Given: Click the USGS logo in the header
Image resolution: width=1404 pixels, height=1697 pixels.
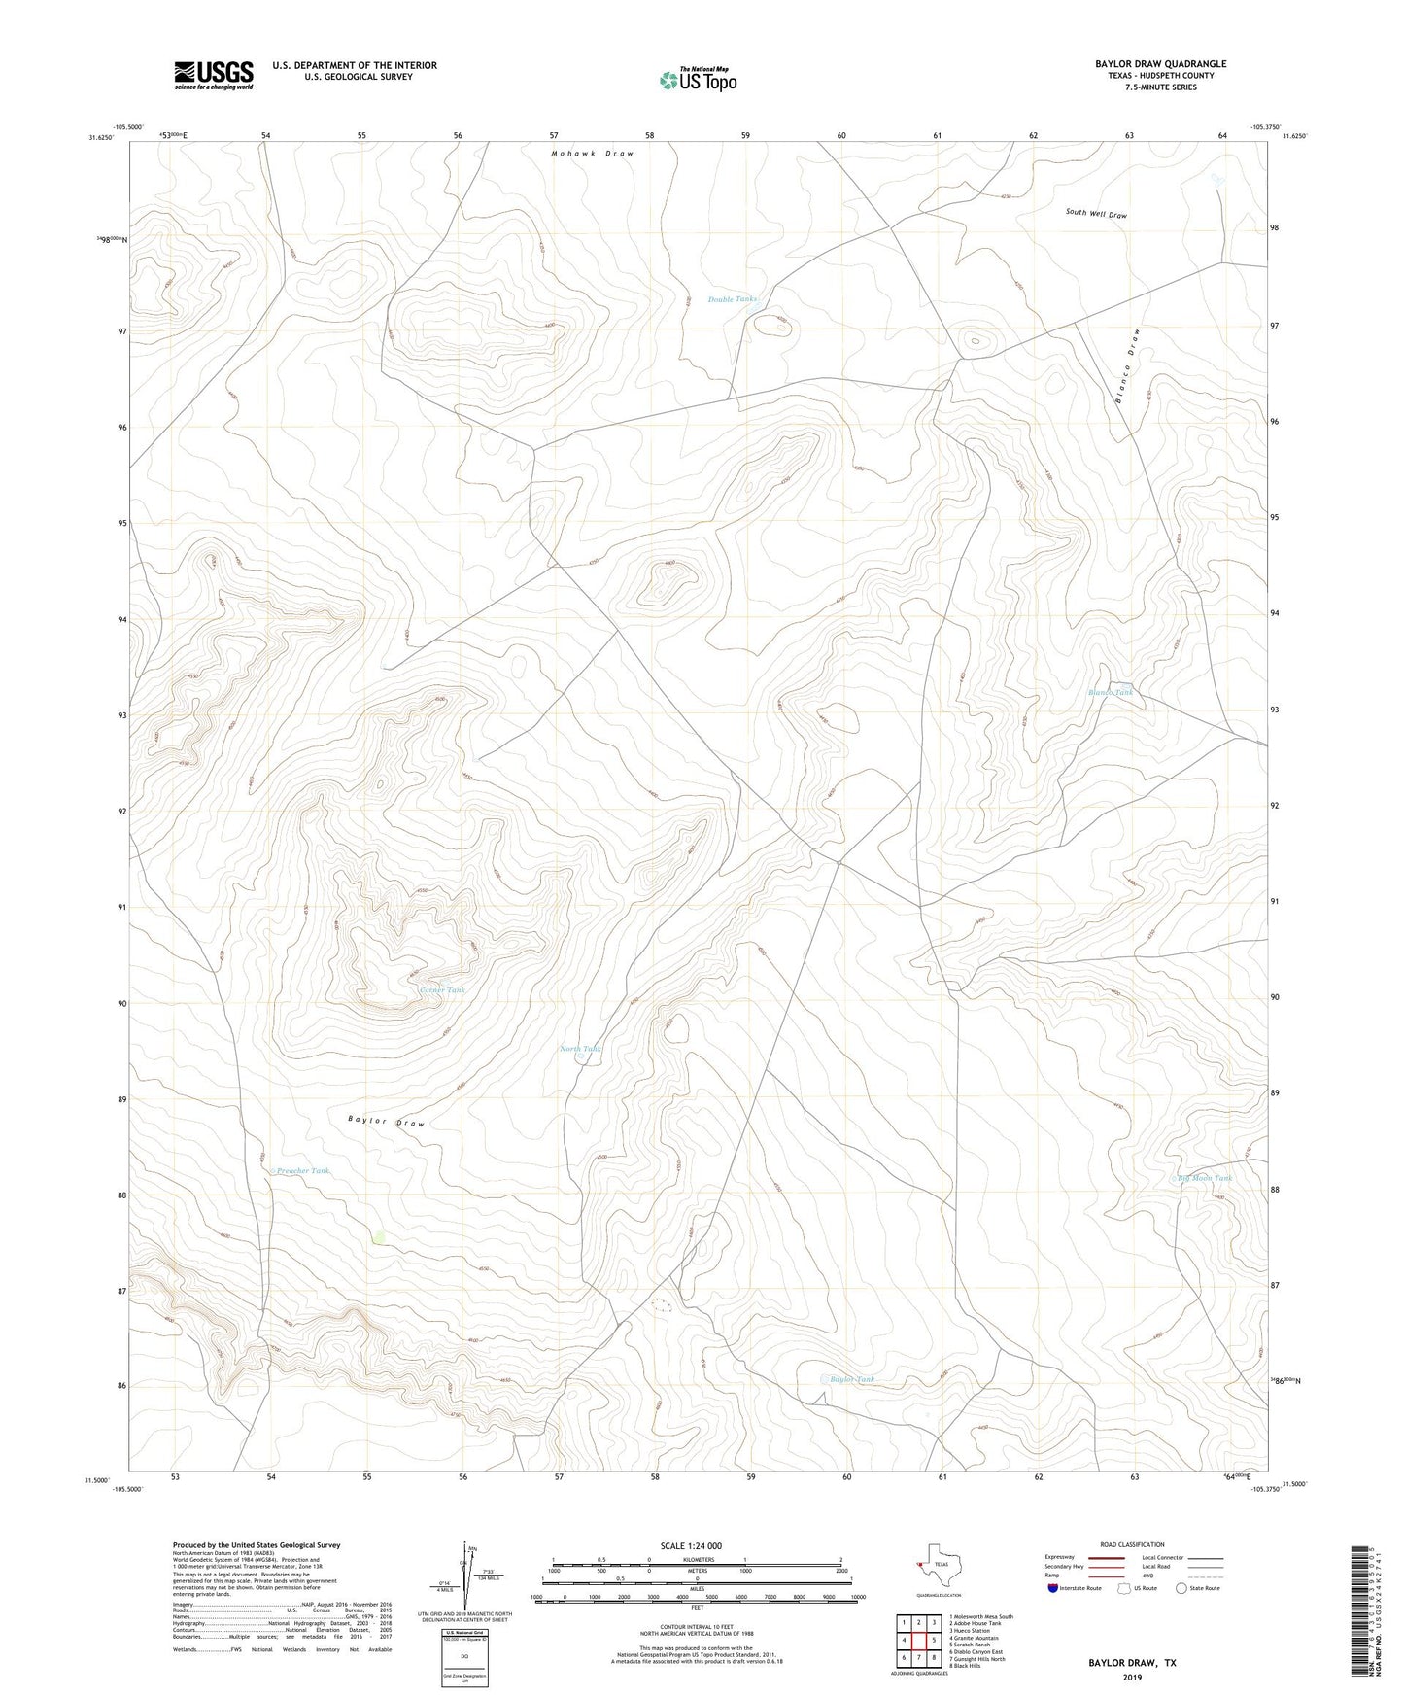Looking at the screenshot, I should click(x=214, y=75).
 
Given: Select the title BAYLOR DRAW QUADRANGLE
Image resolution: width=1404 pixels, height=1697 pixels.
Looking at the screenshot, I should click(x=1146, y=64).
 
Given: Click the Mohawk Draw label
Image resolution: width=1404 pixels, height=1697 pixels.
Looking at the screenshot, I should click(x=592, y=154).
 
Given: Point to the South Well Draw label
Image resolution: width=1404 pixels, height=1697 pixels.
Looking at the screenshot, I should click(x=1095, y=213).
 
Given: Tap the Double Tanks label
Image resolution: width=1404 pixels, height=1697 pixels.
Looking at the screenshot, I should click(x=732, y=299).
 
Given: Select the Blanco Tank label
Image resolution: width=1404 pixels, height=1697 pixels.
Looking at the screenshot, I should click(x=1110, y=693).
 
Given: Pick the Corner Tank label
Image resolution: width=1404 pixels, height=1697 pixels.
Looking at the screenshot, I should click(x=442, y=990).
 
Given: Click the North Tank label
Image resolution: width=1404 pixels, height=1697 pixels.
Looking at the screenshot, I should click(x=581, y=1049).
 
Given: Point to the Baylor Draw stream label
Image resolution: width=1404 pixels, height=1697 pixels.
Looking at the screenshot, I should click(x=386, y=1122).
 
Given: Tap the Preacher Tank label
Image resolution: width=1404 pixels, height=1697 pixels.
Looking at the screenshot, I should click(x=302, y=1171).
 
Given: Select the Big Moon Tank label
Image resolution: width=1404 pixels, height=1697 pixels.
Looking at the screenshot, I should click(x=1205, y=1178).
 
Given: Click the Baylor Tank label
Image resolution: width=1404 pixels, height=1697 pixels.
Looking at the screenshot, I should click(x=851, y=1379).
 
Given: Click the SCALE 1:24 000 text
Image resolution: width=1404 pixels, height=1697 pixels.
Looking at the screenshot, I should click(x=691, y=1546).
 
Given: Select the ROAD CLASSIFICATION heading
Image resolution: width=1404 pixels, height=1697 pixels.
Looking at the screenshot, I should click(x=1132, y=1544).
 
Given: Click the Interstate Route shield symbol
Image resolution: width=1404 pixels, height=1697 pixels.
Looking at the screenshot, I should click(x=1053, y=1588).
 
